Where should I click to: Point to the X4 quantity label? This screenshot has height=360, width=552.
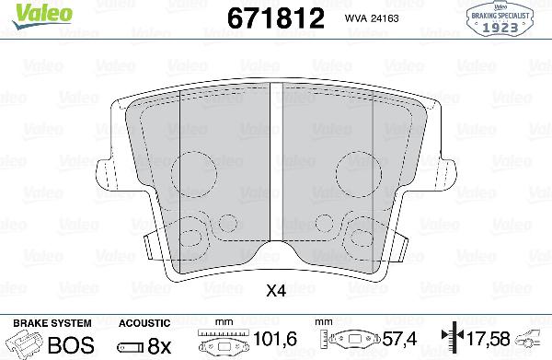274,292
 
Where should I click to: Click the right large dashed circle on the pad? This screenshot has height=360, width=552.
356,172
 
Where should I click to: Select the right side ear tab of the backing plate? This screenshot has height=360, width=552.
449,172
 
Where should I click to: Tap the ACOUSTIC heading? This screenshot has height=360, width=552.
144,323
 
